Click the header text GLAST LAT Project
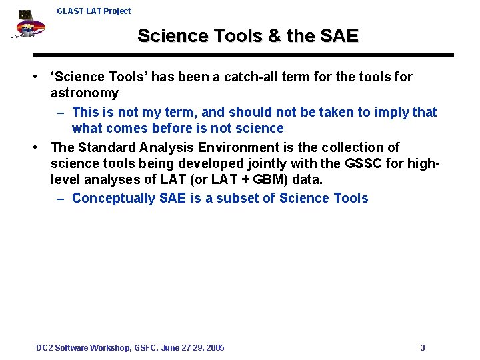(93, 11)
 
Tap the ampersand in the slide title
(274, 36)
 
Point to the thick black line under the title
(243, 55)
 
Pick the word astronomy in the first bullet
(85, 93)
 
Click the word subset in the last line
(240, 198)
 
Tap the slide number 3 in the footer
(423, 348)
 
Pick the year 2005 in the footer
(215, 348)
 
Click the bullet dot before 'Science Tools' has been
(39, 77)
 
